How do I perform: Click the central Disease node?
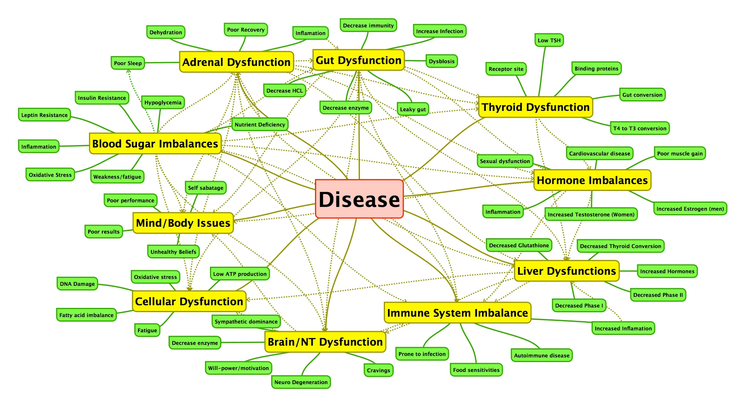(359, 199)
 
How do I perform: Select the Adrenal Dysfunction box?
(236, 62)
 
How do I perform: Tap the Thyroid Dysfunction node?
(535, 107)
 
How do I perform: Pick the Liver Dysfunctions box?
(566, 271)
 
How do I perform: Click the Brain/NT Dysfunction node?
(325, 342)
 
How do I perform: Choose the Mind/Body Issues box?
(183, 223)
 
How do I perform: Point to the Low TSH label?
(549, 40)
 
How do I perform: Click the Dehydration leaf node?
(165, 32)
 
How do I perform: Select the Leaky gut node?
(413, 109)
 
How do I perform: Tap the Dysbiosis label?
(441, 61)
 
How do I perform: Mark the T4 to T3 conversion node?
(639, 128)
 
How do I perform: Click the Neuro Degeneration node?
(301, 382)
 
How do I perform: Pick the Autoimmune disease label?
(541, 356)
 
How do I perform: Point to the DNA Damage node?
(77, 284)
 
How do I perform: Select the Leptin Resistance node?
(45, 115)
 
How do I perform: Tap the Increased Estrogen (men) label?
(690, 209)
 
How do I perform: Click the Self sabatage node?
(205, 188)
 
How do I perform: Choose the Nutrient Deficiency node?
(260, 125)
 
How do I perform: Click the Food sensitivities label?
(476, 370)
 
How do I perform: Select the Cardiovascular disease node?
(600, 154)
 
